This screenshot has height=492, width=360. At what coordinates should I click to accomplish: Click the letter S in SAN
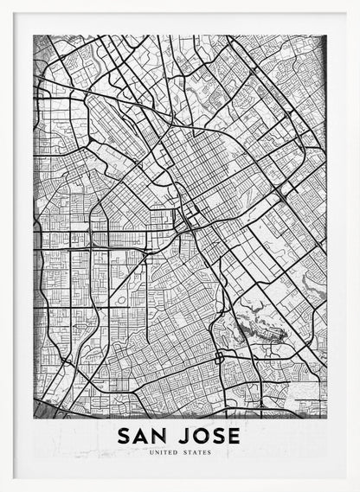point(124,435)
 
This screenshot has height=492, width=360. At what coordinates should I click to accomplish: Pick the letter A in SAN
point(141,435)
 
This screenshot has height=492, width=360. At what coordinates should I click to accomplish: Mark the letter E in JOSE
point(233,435)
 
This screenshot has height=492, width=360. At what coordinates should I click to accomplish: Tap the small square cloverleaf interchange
point(220,356)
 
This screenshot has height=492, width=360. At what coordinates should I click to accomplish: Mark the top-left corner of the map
point(34,35)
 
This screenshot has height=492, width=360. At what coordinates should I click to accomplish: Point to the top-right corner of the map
point(326,35)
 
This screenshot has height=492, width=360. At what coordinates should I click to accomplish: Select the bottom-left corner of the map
point(34,418)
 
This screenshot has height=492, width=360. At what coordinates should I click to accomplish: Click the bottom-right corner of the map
point(326,418)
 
